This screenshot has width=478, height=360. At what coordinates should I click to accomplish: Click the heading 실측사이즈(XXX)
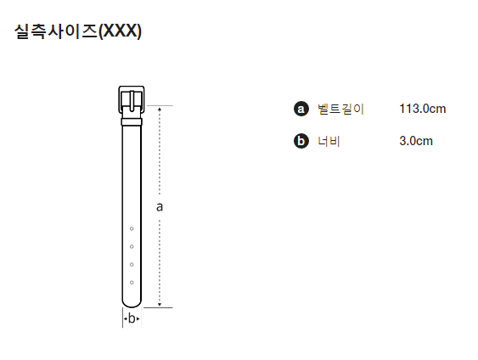(78, 31)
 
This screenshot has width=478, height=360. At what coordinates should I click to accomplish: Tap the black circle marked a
(301, 109)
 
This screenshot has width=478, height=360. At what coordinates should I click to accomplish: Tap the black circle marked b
(301, 141)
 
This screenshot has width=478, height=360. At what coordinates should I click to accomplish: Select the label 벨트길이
(340, 109)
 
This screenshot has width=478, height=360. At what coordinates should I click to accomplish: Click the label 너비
(329, 141)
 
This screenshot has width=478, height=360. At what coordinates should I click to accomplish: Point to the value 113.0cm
(423, 109)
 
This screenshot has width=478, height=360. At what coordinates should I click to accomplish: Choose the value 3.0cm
(416, 141)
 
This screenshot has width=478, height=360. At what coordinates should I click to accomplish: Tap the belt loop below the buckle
(132, 122)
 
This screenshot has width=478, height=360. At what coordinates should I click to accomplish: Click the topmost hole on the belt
(132, 228)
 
